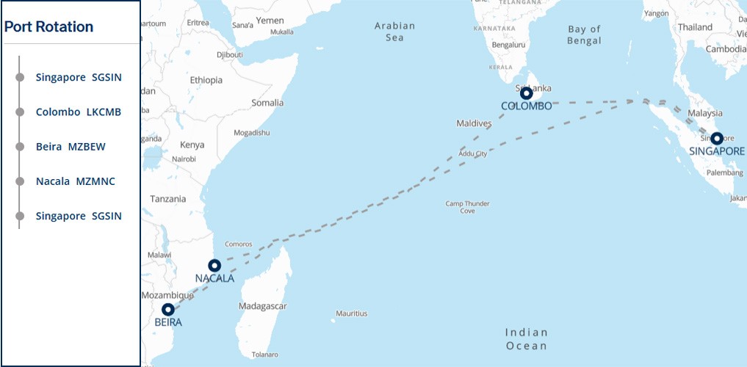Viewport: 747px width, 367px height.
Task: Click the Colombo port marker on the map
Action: tap(526, 93)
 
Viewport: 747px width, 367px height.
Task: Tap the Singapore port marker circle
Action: tap(716, 138)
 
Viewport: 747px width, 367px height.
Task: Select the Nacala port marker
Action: tap(214, 265)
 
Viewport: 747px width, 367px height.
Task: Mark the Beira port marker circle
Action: tap(167, 309)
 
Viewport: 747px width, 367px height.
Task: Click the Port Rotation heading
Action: tap(49, 27)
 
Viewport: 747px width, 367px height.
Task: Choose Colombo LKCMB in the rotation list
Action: tap(78, 112)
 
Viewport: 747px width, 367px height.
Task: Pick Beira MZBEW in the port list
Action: tap(71, 147)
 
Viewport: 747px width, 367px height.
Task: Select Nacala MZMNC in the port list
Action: tap(75, 181)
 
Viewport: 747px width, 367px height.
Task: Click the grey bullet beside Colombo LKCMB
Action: tap(20, 112)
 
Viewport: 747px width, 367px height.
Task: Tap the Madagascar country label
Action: tap(262, 306)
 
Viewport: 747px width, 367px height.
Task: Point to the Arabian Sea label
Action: tap(394, 32)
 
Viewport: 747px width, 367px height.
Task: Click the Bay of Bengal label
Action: tap(584, 35)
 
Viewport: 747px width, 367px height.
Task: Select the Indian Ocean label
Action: tap(526, 339)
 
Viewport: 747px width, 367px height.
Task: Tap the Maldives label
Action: tap(473, 123)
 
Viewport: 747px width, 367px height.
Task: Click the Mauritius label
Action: tap(351, 313)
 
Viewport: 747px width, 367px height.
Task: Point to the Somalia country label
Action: tap(267, 103)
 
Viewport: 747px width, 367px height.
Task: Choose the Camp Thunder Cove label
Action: tap(467, 207)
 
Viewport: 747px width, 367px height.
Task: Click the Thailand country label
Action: tap(695, 27)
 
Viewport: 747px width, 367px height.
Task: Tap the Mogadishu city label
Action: tap(251, 133)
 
